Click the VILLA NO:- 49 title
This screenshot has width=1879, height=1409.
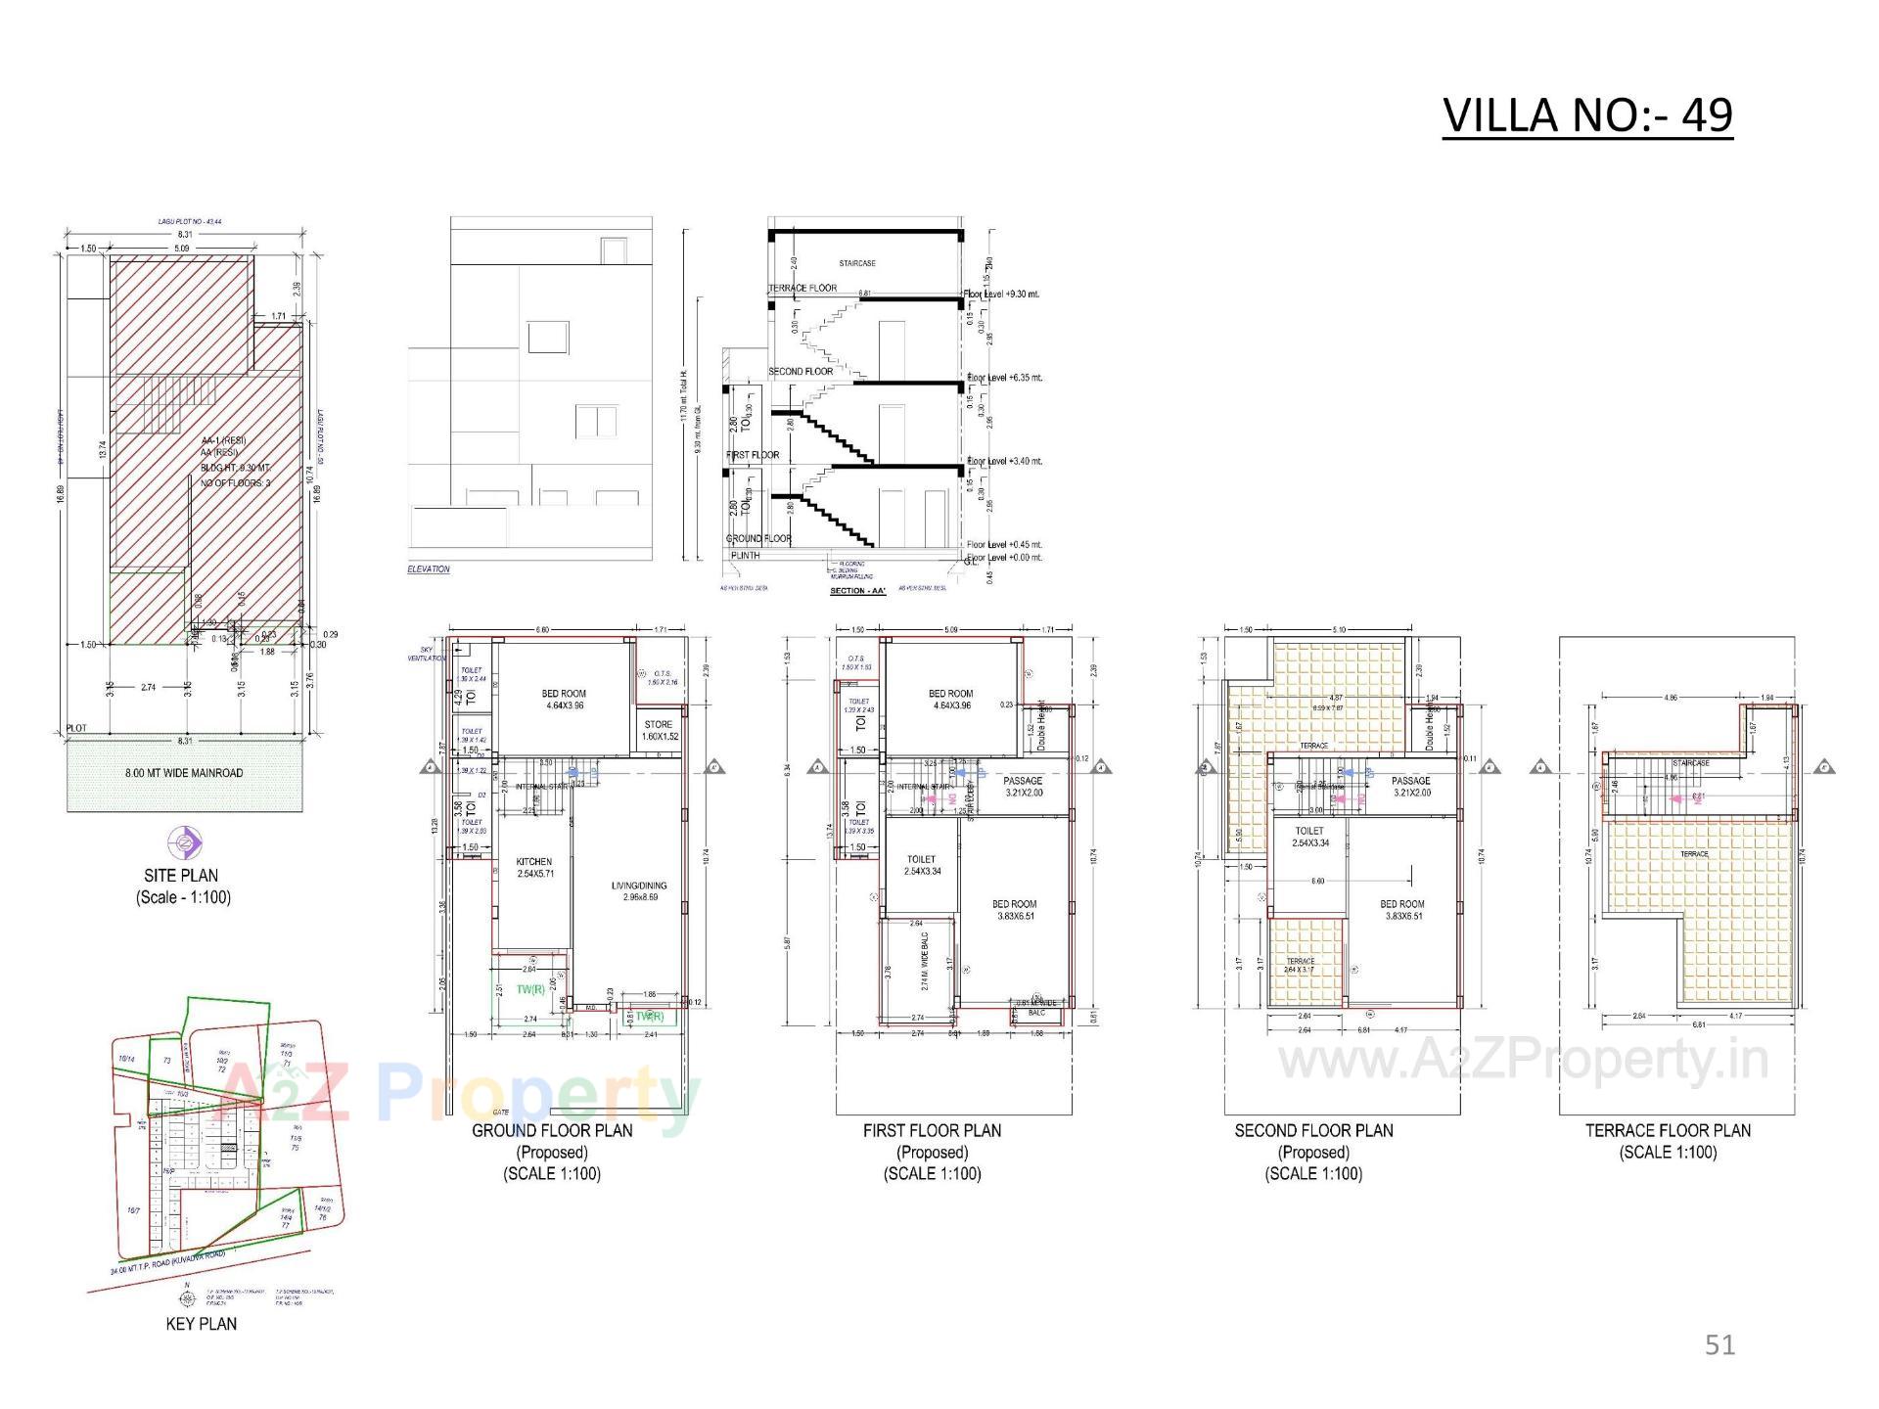point(1587,115)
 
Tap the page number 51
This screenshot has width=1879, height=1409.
point(1719,1345)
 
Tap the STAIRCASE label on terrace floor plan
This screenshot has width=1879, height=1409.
point(1690,762)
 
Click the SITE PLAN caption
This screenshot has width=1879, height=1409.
point(181,876)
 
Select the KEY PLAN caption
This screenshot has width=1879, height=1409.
point(202,1324)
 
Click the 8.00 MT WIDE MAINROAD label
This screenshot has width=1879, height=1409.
point(184,773)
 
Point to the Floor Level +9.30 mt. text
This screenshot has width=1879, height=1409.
point(1002,294)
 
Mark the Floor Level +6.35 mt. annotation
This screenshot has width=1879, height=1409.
point(1004,378)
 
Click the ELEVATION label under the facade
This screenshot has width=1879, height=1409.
point(429,569)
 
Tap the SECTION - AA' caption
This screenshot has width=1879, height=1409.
point(857,591)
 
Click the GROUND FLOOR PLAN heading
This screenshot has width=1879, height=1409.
point(552,1131)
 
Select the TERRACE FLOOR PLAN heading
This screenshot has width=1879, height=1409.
point(1668,1131)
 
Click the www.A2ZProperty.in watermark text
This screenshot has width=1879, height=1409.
point(1524,1060)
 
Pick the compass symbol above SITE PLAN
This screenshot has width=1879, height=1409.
point(183,841)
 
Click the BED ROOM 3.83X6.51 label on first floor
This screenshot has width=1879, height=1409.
point(1014,910)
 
